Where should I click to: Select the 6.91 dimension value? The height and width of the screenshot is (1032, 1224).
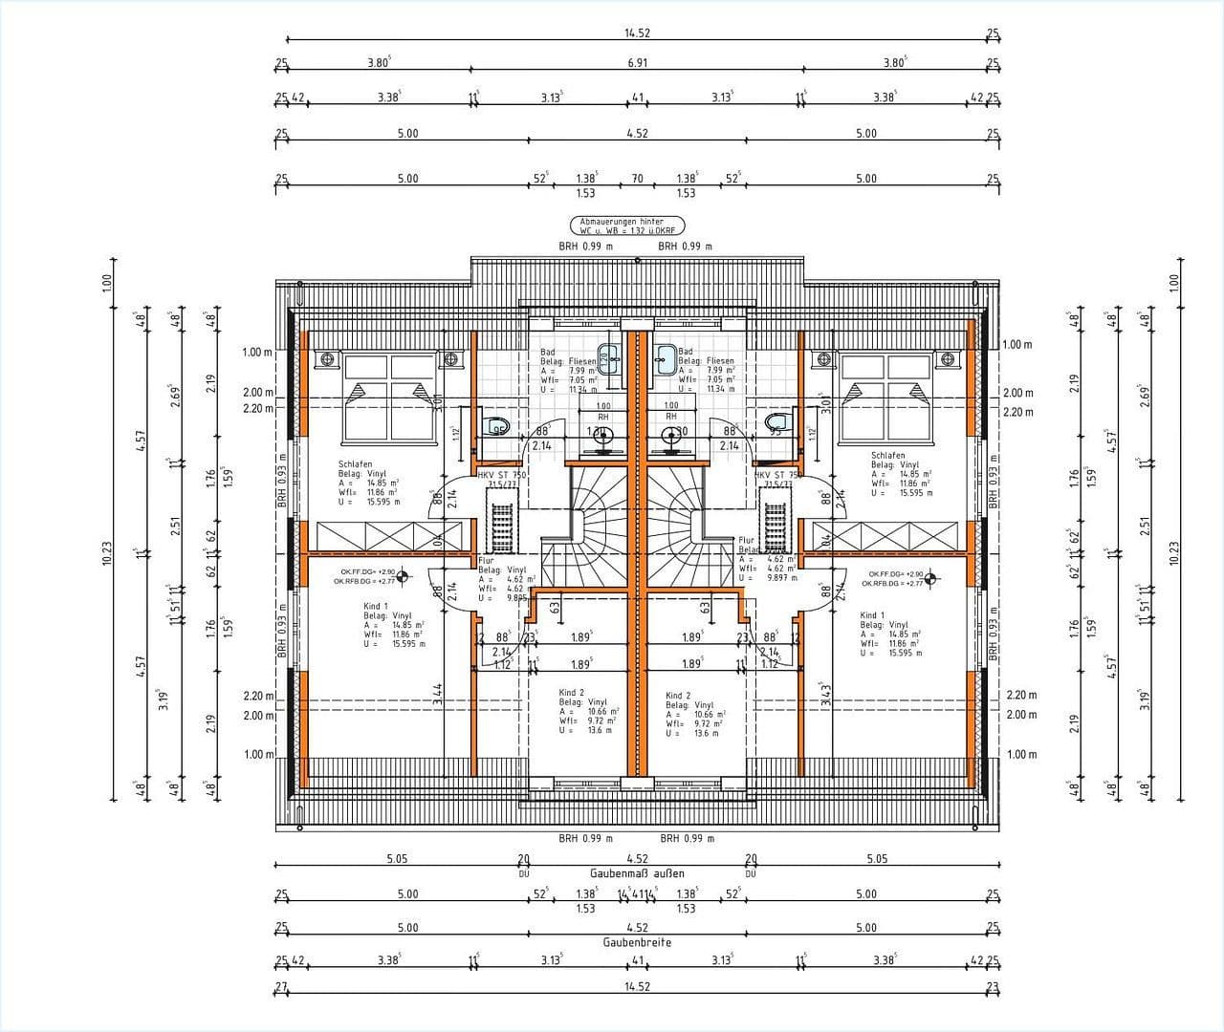[x=637, y=63]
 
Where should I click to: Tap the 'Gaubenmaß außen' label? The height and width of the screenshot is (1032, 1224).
[x=637, y=873]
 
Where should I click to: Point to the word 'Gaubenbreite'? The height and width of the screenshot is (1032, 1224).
[x=637, y=942]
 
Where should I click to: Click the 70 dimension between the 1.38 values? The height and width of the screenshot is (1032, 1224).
[x=637, y=179]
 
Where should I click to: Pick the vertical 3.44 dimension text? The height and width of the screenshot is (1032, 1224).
[x=438, y=694]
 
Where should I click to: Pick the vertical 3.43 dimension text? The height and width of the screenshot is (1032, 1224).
[x=826, y=694]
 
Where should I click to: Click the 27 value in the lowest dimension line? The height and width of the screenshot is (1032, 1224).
[x=280, y=986]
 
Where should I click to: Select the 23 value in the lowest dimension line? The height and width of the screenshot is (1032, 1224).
[x=993, y=986]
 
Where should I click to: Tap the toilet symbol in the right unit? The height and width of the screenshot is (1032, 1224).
[x=776, y=423]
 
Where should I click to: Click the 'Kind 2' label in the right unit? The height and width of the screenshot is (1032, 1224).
[x=678, y=696]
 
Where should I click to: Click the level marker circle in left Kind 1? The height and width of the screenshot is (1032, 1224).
[x=402, y=575]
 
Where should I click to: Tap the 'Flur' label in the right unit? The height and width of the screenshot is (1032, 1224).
[x=747, y=540]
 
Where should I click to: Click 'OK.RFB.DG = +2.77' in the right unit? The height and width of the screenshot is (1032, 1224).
[x=891, y=583]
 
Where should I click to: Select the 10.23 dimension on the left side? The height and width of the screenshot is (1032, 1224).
[x=106, y=553]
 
